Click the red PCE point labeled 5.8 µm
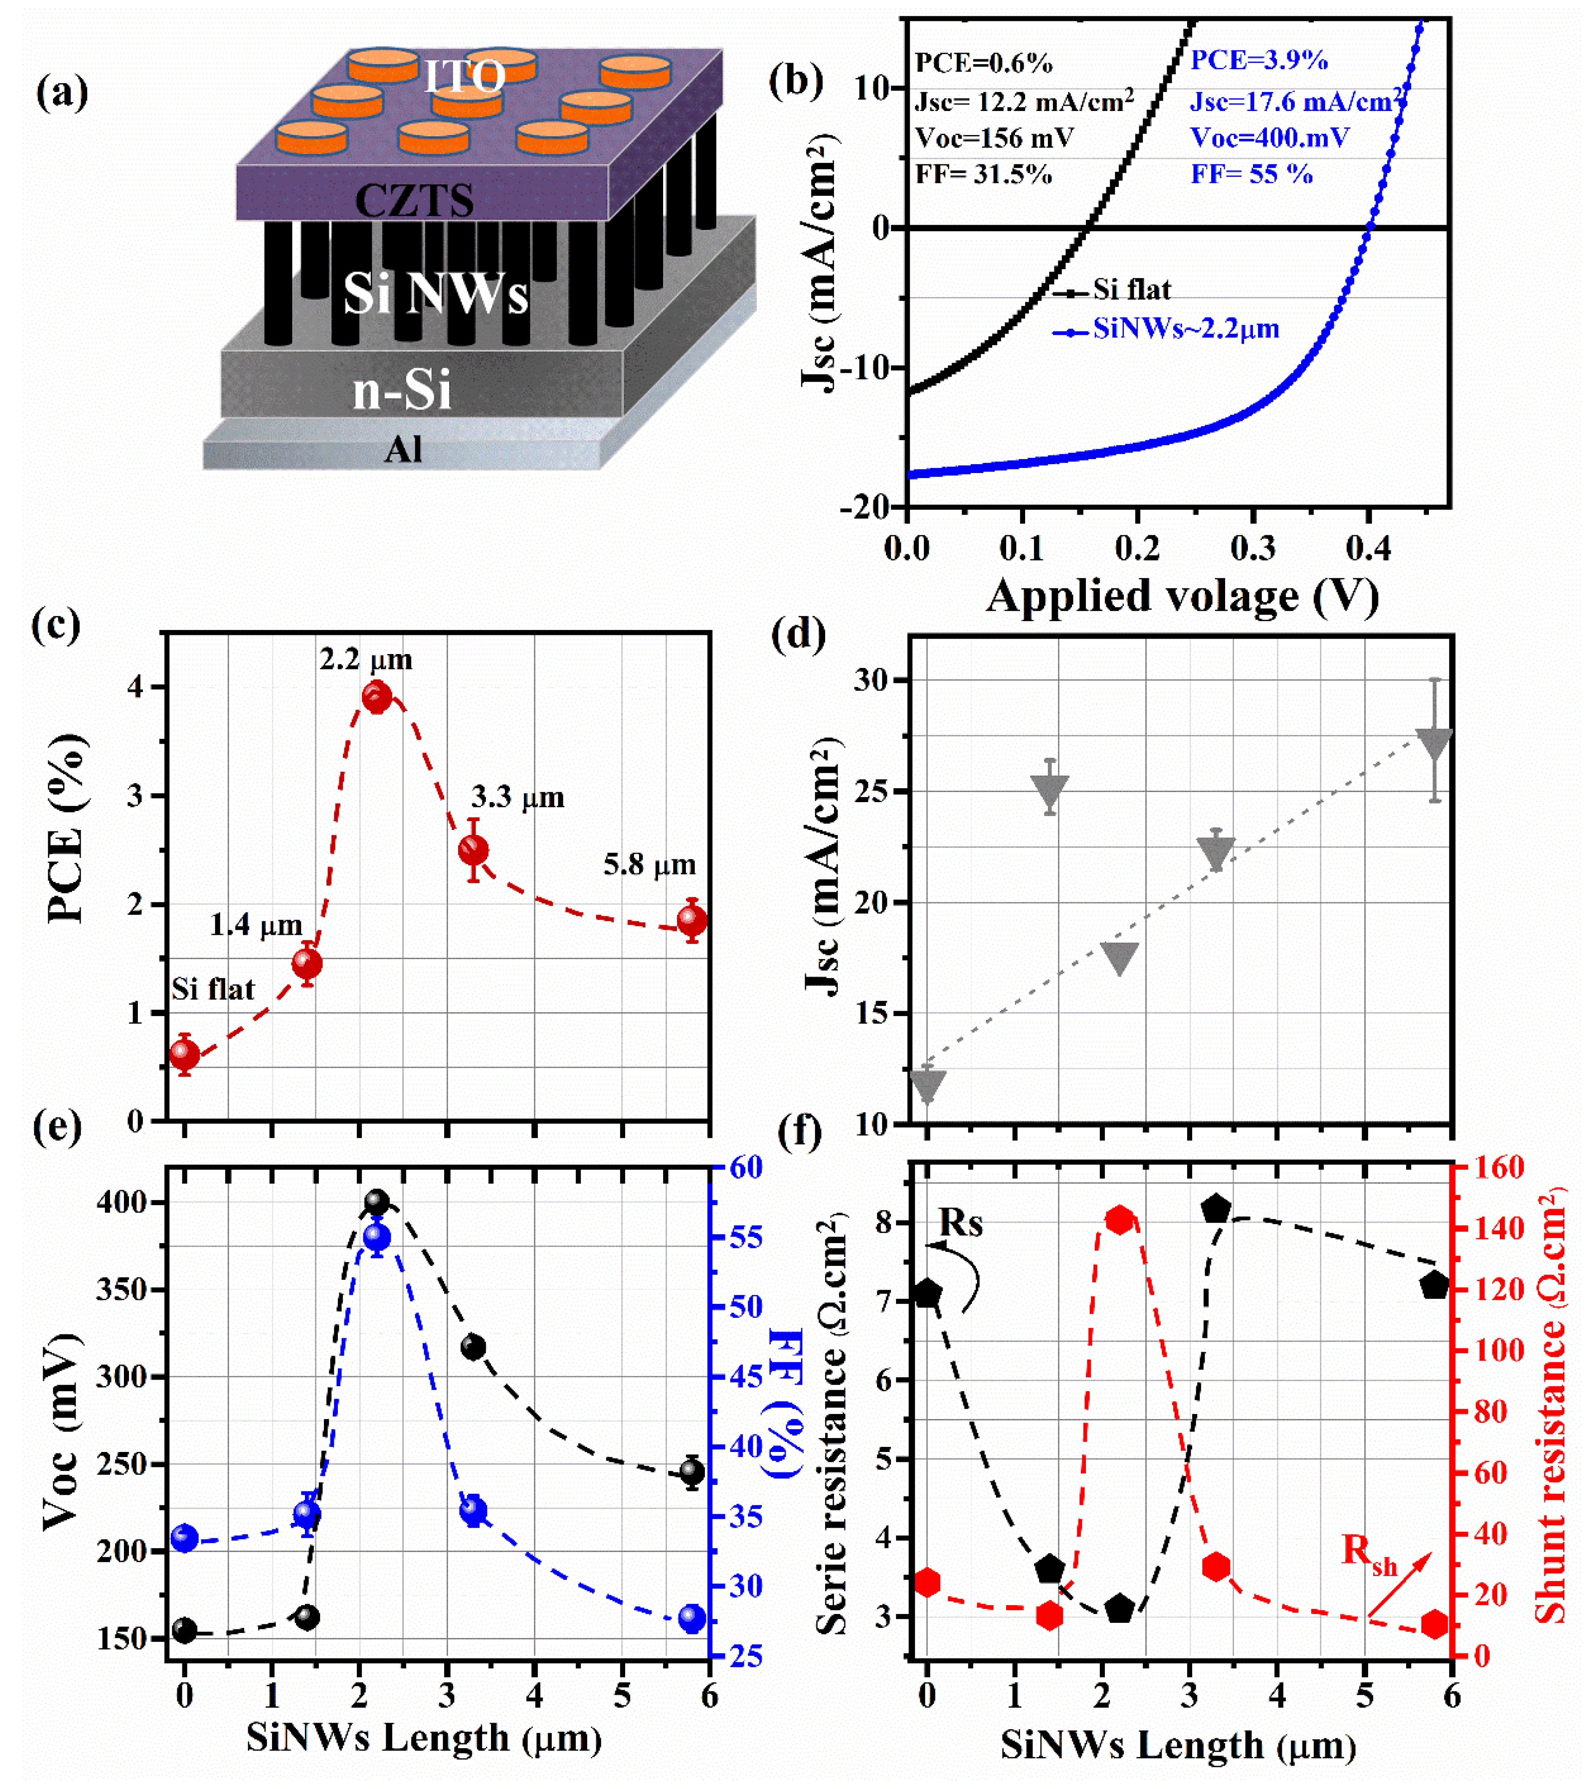[x=692, y=920]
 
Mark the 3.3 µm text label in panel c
[x=518, y=797]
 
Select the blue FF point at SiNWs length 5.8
[x=692, y=1619]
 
